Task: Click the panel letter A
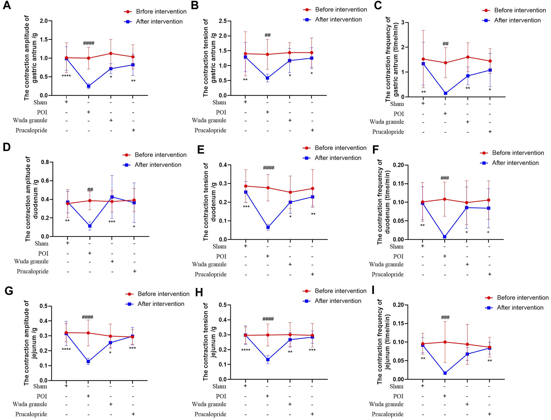coord(7,6)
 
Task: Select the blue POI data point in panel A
coord(89,86)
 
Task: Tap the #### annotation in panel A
coord(89,43)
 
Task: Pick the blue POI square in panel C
coord(445,93)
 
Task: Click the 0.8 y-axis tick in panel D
coord(45,162)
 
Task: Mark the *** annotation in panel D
coord(112,222)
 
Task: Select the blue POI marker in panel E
coord(268,227)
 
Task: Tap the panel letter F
coord(375,150)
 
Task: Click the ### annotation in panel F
coord(445,178)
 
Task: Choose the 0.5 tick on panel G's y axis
coord(44,306)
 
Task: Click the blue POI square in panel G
coord(89,362)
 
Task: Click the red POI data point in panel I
coord(445,342)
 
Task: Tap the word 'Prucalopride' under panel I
coord(387,414)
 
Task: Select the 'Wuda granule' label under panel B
coord(209,120)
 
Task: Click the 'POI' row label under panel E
coord(221,256)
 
